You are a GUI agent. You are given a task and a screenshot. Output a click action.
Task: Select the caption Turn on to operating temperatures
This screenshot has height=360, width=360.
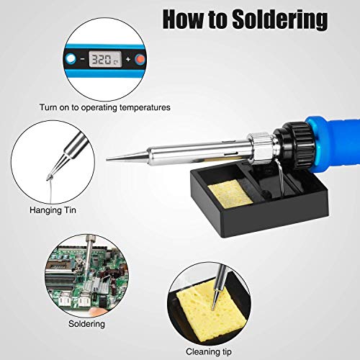pos(104,107)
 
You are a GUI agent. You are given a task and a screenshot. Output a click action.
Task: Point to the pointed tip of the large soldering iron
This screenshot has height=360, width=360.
pos(109,160)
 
